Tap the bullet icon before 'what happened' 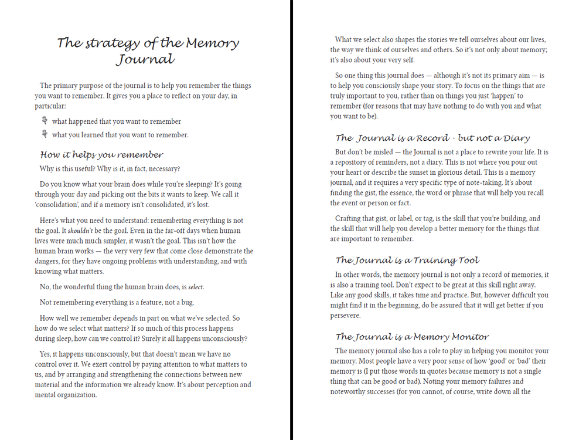click(x=44, y=121)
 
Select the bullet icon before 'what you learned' click(x=44, y=134)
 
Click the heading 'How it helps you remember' click(x=101, y=155)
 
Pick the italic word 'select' click(x=195, y=287)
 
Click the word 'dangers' click(x=49, y=261)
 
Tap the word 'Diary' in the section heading click(x=516, y=138)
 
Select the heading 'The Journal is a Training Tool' click(x=407, y=260)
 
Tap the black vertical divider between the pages click(x=291, y=220)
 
